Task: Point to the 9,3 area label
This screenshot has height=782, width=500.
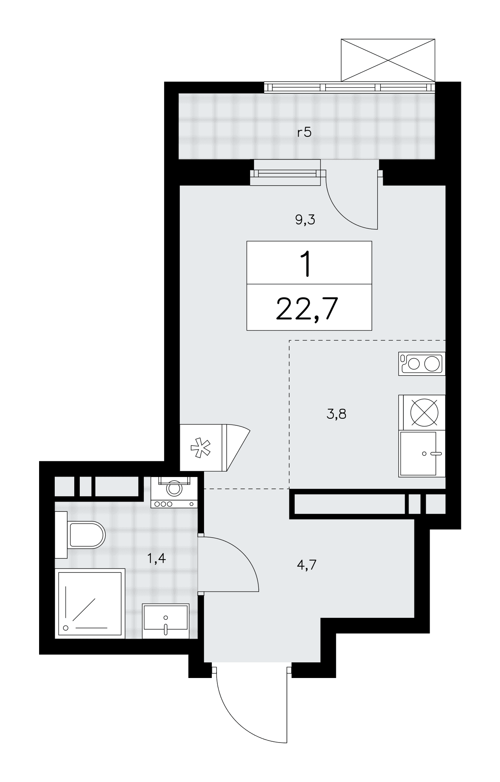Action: coord(305,220)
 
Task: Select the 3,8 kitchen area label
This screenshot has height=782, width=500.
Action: coord(336,414)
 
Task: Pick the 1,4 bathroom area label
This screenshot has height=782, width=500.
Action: coord(156,558)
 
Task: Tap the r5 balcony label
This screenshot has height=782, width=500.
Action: coord(304,133)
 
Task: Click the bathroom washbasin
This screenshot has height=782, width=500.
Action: coord(166,621)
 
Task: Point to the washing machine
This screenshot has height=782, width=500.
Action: coord(174,492)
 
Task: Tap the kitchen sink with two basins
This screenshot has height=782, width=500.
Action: coord(422,364)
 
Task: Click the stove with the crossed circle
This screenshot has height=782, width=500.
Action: coord(422,412)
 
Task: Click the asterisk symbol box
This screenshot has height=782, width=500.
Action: coord(201,448)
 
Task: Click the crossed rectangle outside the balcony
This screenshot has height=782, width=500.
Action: coord(388,60)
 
